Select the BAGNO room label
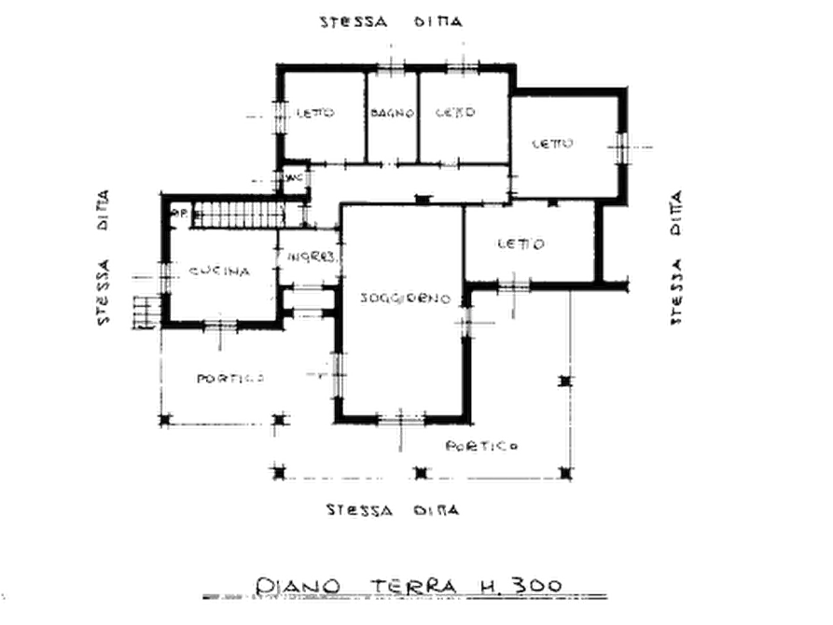[x=392, y=114]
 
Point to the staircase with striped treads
[x=240, y=215]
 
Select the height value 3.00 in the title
[x=534, y=586]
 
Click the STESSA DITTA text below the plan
[x=393, y=510]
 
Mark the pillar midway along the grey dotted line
[x=564, y=382]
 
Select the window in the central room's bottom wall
[x=401, y=414]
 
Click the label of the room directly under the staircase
[x=225, y=271]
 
